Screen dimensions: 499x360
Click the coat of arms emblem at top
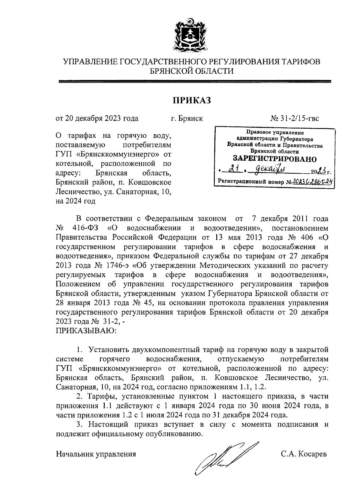(x=189, y=35)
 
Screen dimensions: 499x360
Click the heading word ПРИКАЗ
(x=191, y=100)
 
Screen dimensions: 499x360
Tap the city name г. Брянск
(x=187, y=118)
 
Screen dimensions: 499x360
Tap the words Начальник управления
(x=96, y=454)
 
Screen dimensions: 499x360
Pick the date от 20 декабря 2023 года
(x=97, y=118)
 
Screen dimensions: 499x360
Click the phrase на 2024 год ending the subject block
(x=76, y=201)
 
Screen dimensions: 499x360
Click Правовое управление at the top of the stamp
(x=274, y=132)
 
